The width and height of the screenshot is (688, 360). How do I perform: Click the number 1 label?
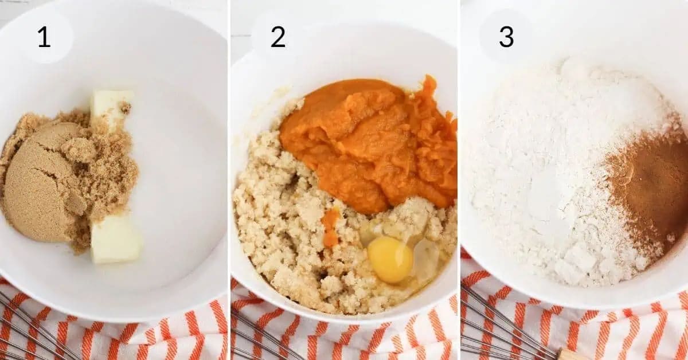click(x=44, y=37)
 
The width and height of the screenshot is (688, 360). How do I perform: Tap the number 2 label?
click(x=277, y=37)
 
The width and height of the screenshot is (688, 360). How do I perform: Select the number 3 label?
click(x=506, y=37)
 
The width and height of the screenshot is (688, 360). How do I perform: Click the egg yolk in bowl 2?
click(x=390, y=260)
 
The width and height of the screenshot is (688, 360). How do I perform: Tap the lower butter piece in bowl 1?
click(x=116, y=240)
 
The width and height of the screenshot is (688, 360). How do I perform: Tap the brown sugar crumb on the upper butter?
click(x=126, y=107)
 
